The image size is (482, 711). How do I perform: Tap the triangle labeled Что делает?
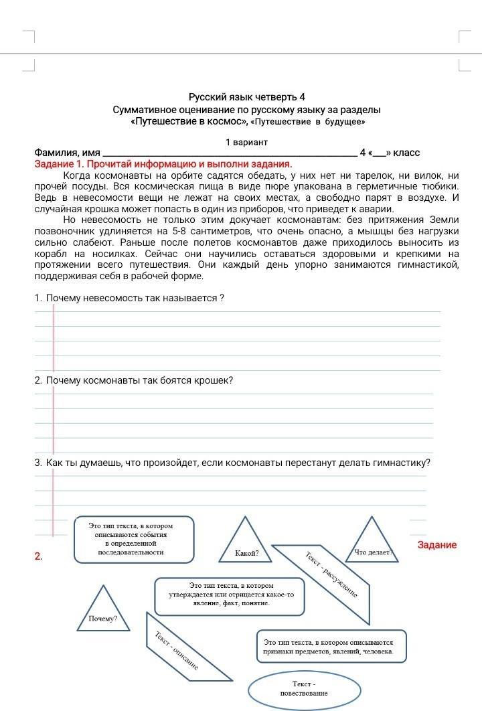tap(372, 542)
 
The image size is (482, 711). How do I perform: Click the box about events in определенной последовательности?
tap(134, 539)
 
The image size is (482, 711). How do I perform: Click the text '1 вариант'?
tap(246, 142)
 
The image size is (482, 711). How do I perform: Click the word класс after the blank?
tap(406, 153)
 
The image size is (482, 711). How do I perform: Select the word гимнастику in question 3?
tap(402, 463)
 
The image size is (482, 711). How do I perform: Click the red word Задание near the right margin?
tap(436, 545)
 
